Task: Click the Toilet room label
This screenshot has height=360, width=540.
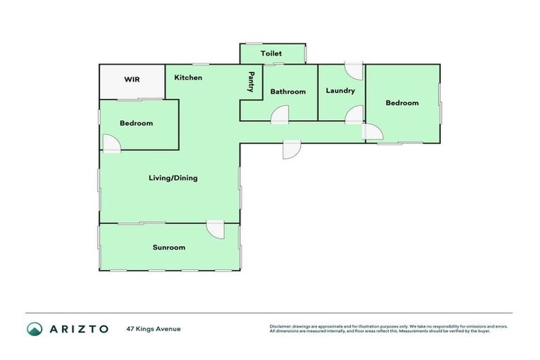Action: coord(271,53)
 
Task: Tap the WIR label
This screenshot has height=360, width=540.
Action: coord(132,79)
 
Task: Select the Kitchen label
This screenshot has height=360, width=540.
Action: coord(188,77)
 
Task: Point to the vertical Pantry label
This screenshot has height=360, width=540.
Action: coord(250,82)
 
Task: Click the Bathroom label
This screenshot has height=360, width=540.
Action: coord(288,91)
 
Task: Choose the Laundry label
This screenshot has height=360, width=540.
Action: coord(340,91)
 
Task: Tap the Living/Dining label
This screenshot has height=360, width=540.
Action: coord(173,178)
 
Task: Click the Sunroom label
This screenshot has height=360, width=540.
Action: coord(169,247)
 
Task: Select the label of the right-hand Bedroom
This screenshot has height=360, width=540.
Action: coord(402,103)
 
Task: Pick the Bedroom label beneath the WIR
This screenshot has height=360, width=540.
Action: coord(136,123)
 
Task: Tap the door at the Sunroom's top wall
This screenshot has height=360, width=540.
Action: coord(215,229)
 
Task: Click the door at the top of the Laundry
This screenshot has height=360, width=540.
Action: coord(354,70)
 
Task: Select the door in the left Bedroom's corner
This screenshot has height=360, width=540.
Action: coord(111,143)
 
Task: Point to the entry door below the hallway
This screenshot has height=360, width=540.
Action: coord(292,149)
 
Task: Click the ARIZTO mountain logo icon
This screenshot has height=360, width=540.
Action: coord(34,328)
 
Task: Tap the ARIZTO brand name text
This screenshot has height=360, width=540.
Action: coord(79,328)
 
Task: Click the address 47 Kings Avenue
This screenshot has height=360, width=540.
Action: coord(153,328)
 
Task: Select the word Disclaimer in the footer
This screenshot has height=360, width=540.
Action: coord(281,326)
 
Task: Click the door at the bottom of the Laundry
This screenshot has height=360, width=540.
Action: coord(354,115)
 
